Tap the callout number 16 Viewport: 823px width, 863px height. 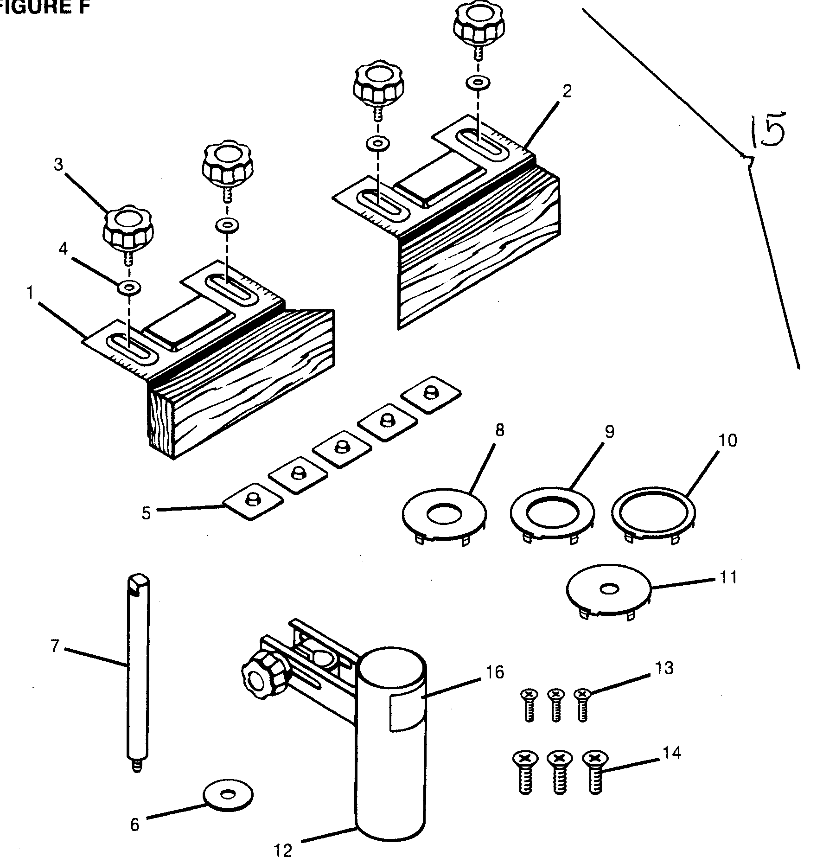coord(495,672)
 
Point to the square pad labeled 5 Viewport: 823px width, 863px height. coord(253,502)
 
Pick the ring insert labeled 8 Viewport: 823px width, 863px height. coord(444,514)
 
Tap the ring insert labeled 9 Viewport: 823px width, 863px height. coord(552,514)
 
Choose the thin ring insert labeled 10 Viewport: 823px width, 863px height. coord(653,514)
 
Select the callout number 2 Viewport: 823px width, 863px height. coord(567,91)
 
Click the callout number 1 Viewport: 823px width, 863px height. coord(31,293)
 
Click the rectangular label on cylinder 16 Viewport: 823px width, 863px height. coord(406,713)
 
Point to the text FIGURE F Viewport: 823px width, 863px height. coord(44,8)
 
